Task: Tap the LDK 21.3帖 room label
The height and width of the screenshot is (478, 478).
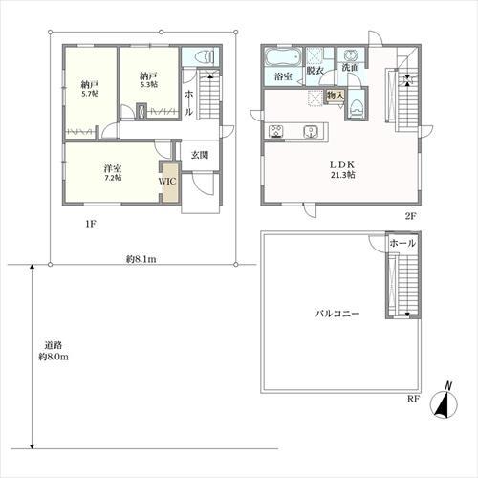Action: (x=342, y=169)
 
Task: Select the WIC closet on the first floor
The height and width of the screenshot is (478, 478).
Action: (x=168, y=182)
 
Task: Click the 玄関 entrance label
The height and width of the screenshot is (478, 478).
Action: (x=200, y=155)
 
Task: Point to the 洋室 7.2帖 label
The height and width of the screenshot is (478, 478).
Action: (x=113, y=173)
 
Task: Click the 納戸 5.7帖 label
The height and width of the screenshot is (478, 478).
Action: (x=90, y=89)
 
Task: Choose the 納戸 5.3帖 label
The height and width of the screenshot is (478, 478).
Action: (x=148, y=80)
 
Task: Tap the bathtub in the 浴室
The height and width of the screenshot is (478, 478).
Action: (x=283, y=57)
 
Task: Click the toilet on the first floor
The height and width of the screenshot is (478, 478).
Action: (x=202, y=57)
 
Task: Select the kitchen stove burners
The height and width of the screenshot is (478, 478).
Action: (x=275, y=131)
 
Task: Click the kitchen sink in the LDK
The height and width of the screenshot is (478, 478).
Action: (x=310, y=132)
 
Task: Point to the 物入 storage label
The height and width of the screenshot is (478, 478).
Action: (x=336, y=95)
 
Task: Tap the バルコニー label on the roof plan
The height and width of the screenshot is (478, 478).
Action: (x=337, y=314)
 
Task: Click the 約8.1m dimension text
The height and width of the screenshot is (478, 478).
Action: (x=141, y=259)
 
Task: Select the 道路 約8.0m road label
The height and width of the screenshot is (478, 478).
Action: (x=54, y=351)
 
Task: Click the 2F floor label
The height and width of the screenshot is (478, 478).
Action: (x=410, y=217)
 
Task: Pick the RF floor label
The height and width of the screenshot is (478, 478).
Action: (x=413, y=400)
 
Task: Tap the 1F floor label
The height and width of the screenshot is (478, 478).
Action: (x=91, y=224)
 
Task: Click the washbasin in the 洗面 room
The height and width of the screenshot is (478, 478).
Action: (x=350, y=55)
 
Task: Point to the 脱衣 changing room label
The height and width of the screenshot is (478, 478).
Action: (x=315, y=71)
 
